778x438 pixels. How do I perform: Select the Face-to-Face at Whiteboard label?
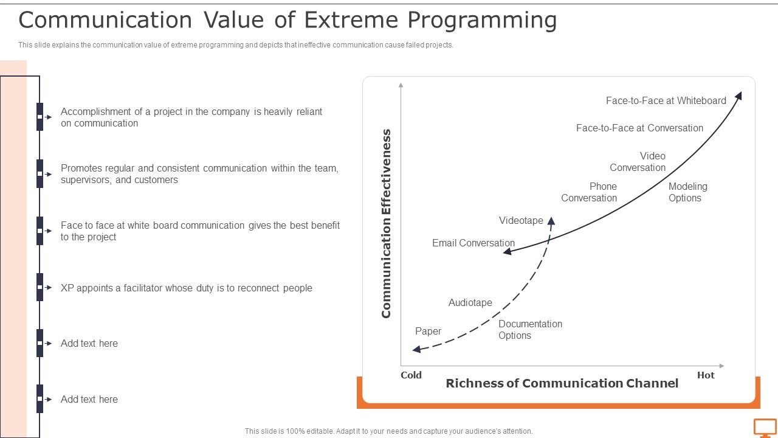666,100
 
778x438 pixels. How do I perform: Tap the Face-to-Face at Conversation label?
639,128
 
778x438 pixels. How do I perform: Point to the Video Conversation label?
638,162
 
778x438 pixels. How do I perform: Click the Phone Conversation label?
589,192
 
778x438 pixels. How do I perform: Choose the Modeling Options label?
687,192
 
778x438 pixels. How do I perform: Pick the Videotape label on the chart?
521,220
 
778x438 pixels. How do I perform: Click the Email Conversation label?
473,243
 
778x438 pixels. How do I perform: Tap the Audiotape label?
470,302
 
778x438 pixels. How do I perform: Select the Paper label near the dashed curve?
428,331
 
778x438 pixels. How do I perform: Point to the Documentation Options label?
530,330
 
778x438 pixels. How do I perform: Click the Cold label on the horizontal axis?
411,375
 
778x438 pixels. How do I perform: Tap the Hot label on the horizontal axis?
706,375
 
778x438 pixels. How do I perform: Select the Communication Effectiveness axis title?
387,223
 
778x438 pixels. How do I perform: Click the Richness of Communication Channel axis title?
562,383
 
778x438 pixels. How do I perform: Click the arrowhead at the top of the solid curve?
739,96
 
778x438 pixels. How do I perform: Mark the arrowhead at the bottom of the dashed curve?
416,349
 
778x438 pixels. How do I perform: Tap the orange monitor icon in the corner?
765,428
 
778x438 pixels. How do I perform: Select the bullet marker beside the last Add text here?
40,399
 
